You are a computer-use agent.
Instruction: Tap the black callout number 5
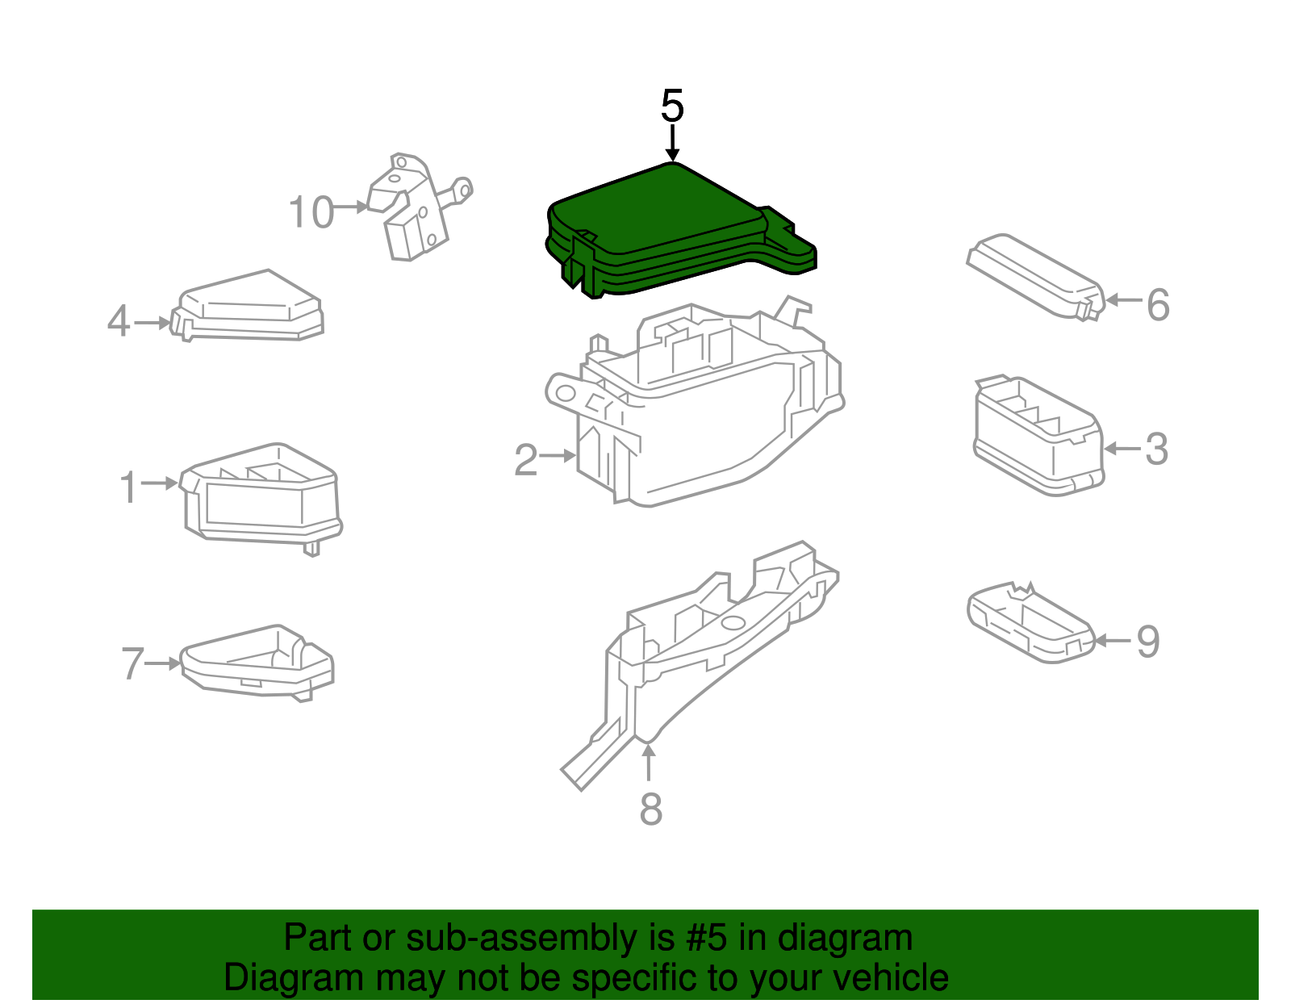click(x=672, y=107)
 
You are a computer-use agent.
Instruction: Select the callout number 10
click(x=311, y=213)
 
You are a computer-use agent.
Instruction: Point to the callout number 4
click(x=119, y=322)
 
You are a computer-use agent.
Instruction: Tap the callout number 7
click(x=132, y=664)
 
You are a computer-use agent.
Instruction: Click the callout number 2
click(x=526, y=460)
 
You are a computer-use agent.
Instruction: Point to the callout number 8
click(x=650, y=809)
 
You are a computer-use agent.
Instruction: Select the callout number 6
click(x=1158, y=305)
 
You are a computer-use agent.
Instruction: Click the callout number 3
click(x=1156, y=450)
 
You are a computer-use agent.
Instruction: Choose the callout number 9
click(x=1147, y=642)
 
